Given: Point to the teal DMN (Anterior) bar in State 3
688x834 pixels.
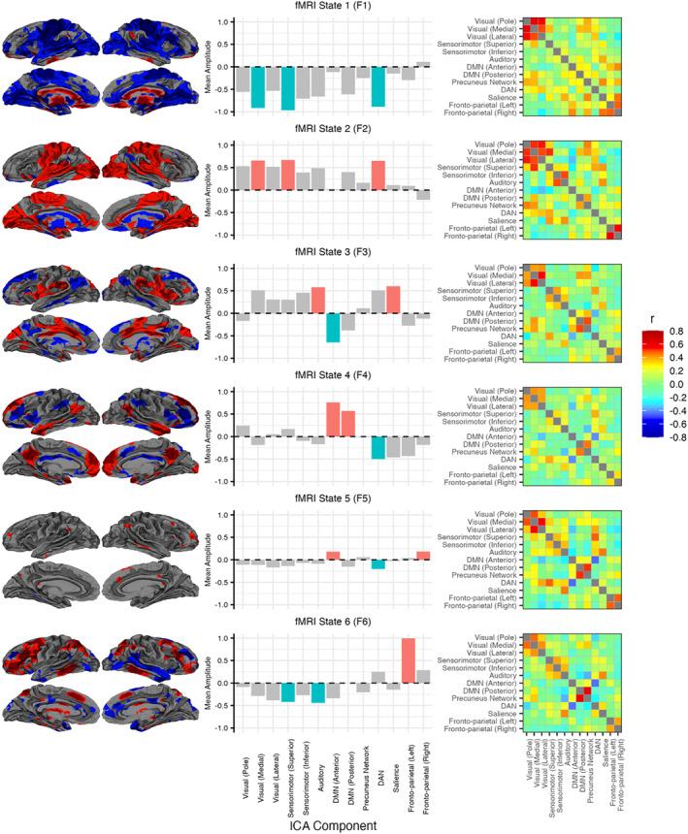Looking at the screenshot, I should coord(332,328).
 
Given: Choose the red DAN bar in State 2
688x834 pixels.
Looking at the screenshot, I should coord(377,176).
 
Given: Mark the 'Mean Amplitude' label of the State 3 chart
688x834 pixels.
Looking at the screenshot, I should coord(210,313).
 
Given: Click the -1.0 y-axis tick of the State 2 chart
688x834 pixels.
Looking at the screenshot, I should coord(223,236).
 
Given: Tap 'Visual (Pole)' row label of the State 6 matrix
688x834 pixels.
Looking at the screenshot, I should coord(496,636).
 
